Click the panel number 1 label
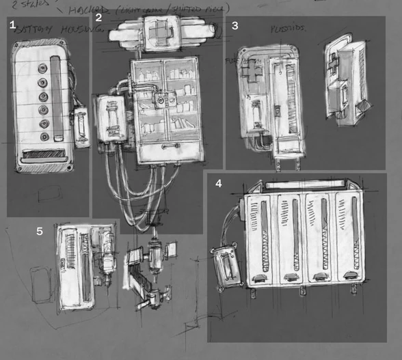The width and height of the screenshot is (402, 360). click(12, 25)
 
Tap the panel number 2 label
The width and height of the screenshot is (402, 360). click(98, 18)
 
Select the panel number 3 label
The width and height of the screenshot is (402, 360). click(235, 26)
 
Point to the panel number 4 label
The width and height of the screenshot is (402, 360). click(218, 184)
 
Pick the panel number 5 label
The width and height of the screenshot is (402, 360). click(40, 232)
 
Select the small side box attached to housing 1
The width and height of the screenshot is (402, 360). click(81, 126)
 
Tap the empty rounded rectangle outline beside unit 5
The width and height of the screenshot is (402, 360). click(42, 285)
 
